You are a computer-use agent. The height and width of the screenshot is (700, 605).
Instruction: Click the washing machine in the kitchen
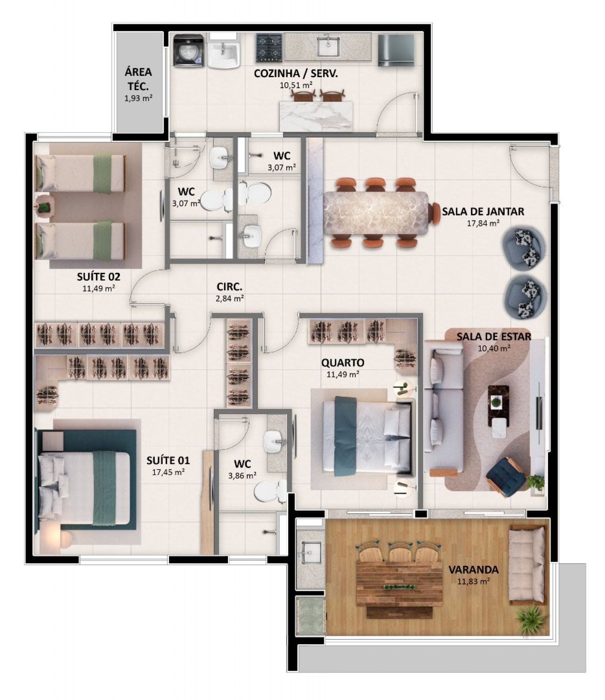pyautogui.click(x=188, y=51)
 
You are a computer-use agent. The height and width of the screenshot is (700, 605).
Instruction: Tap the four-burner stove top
pyautogui.click(x=269, y=48)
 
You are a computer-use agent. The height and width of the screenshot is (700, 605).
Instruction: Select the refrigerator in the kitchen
pyautogui.click(x=396, y=50)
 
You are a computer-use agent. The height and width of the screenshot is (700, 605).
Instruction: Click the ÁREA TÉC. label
pyautogui.click(x=138, y=79)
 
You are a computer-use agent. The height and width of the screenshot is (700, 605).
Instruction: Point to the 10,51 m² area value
pyautogui.click(x=295, y=85)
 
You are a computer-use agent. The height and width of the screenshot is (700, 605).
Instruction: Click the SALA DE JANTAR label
pyautogui.click(x=483, y=211)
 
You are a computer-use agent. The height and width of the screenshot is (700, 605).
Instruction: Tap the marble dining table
pyautogui.click(x=376, y=213)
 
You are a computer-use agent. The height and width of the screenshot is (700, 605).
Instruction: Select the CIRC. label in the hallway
pyautogui.click(x=230, y=287)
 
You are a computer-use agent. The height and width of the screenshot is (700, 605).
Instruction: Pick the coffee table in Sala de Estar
pyautogui.click(x=499, y=411)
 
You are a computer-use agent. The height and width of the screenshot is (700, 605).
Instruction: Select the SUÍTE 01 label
pyautogui.click(x=168, y=460)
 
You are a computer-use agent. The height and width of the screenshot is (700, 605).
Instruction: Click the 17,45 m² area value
pyautogui.click(x=168, y=472)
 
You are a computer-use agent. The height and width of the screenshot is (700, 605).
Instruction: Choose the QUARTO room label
pyautogui.click(x=343, y=362)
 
